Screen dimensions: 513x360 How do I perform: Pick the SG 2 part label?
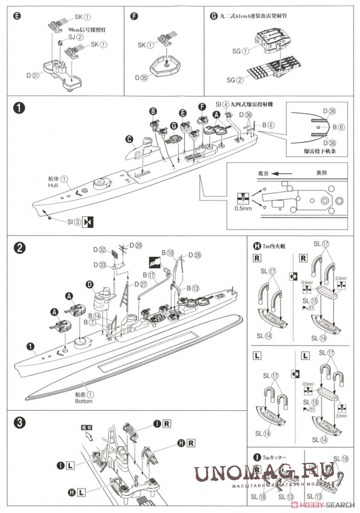point(234,80)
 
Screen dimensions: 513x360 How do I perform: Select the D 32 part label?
point(101,249)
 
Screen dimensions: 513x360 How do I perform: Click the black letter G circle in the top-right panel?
point(213,16)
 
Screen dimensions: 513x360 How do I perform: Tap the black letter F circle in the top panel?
point(133,16)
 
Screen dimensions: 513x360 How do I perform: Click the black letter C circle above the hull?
point(129,139)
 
